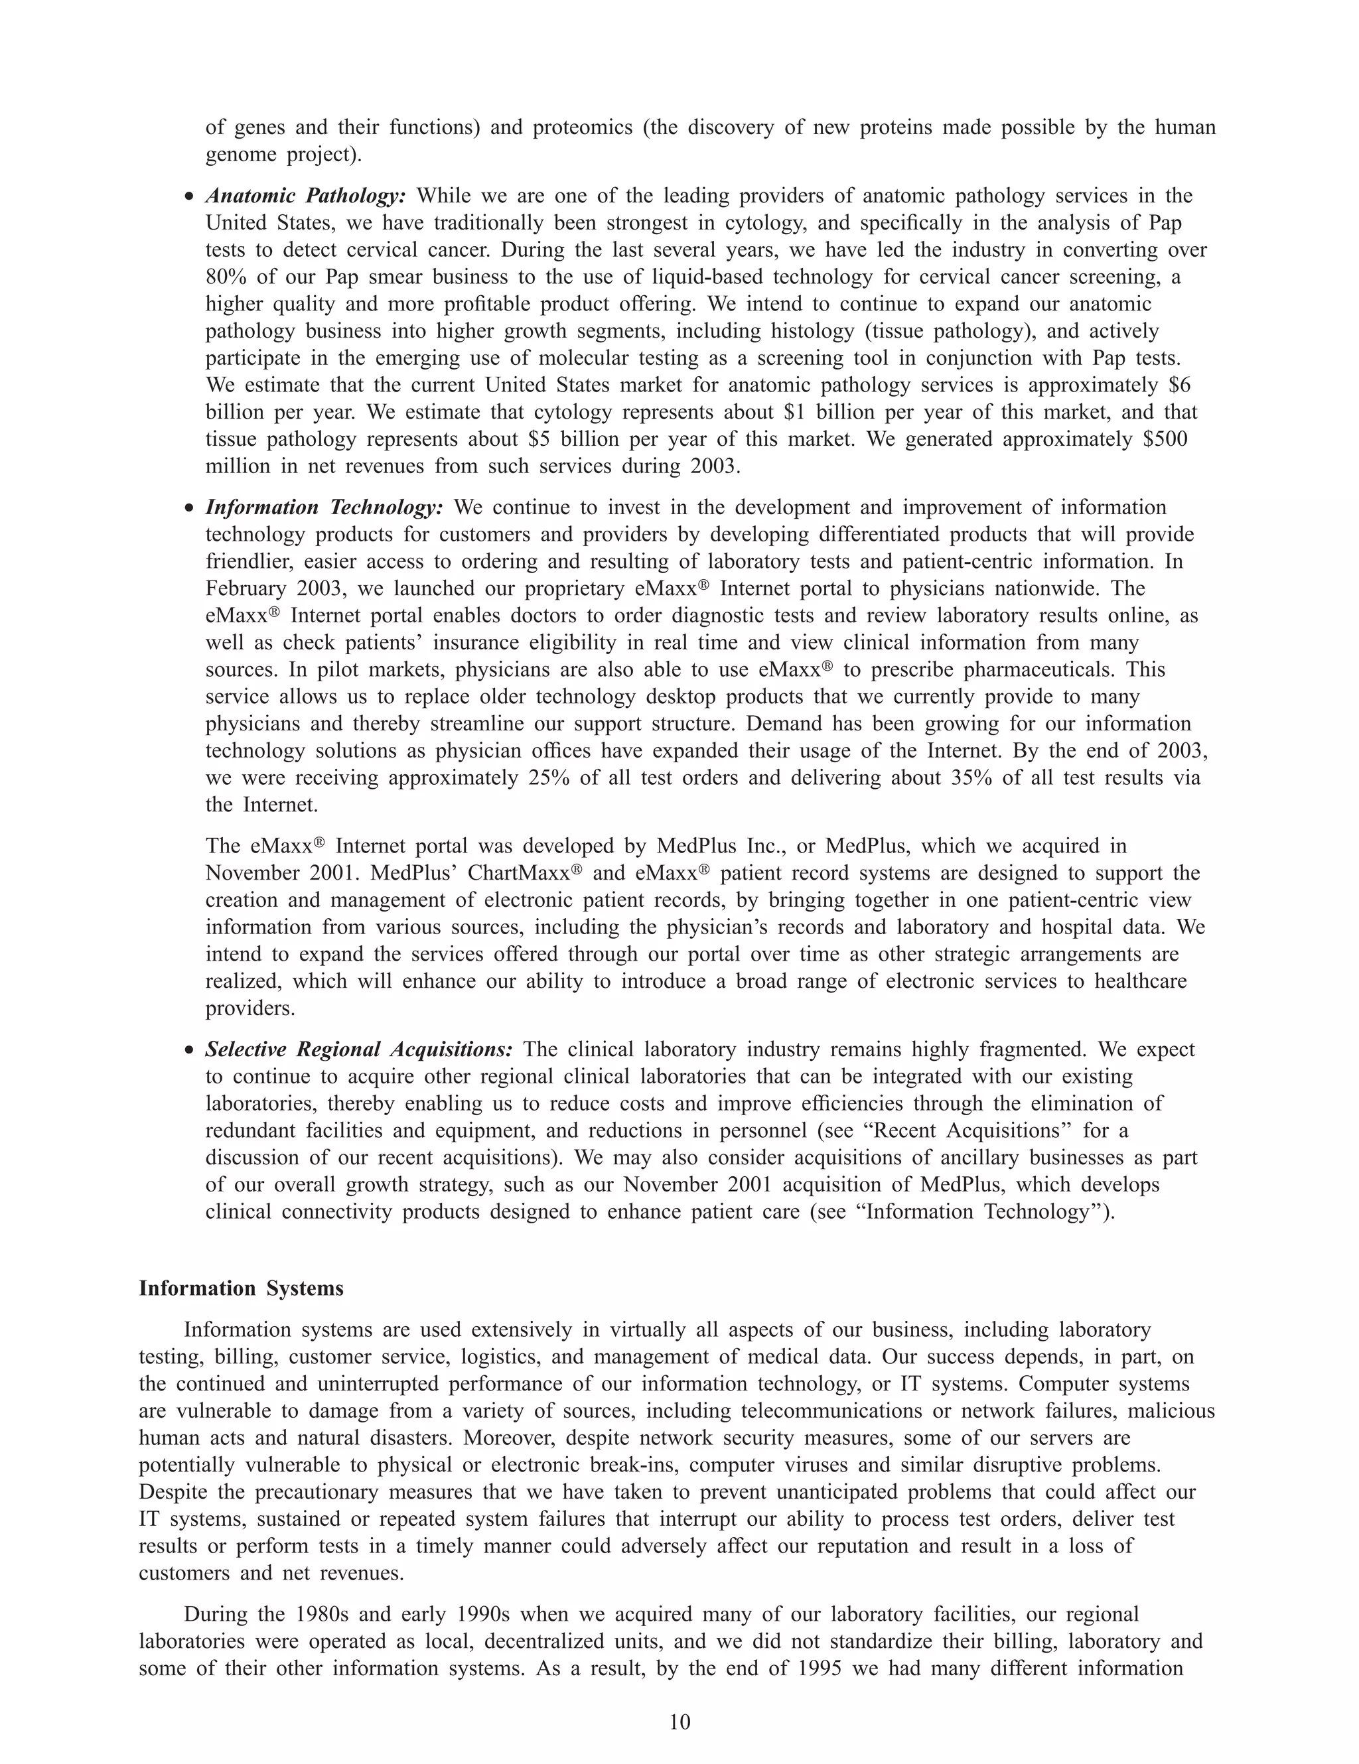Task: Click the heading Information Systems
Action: (x=241, y=1288)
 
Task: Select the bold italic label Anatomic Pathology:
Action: (x=305, y=196)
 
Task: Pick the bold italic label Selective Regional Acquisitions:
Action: (x=359, y=1050)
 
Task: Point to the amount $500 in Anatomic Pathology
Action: (x=1165, y=439)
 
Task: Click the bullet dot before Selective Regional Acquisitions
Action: (x=189, y=1051)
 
